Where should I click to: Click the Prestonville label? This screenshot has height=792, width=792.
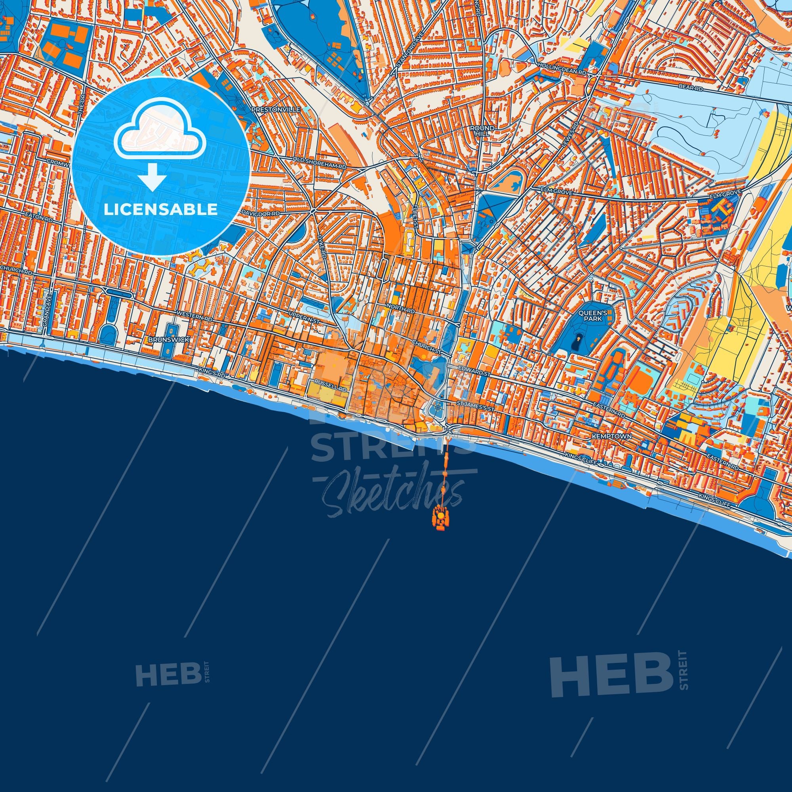[276, 110]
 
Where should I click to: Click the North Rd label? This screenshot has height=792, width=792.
[403, 308]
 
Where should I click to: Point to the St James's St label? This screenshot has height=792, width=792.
[476, 404]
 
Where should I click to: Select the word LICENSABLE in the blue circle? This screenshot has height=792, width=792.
[160, 209]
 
